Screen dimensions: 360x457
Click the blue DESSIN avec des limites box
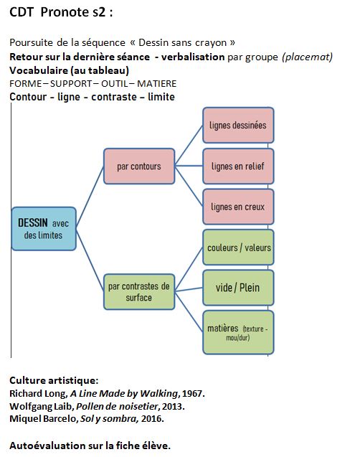(x=44, y=229)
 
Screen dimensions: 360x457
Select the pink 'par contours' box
(x=139, y=166)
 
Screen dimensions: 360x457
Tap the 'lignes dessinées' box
(x=238, y=126)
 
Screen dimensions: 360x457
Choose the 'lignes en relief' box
(x=238, y=166)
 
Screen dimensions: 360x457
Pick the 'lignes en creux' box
(x=238, y=207)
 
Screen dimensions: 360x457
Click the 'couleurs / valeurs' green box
(x=238, y=248)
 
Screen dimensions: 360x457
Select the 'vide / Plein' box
(x=238, y=288)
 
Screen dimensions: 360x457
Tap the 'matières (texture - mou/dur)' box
(x=238, y=333)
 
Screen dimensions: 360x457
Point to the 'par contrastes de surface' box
(x=139, y=292)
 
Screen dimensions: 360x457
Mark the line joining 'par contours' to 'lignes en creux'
(x=189, y=187)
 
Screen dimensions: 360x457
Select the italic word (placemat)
(x=307, y=57)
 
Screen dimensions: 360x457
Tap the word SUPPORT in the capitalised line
(x=72, y=84)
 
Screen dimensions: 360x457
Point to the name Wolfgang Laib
(x=42, y=406)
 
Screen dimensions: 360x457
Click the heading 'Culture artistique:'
(x=54, y=380)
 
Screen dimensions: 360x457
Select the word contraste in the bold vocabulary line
(x=114, y=97)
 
